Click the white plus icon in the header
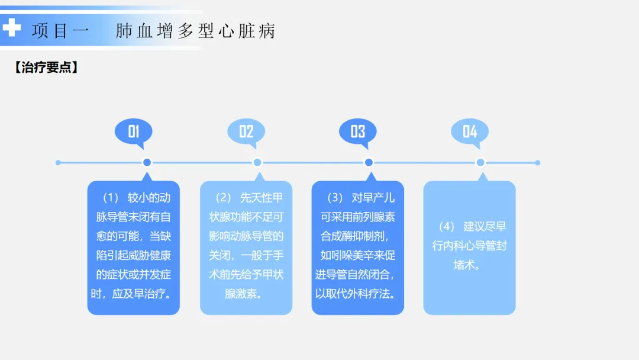[11, 27]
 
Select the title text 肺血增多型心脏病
[196, 31]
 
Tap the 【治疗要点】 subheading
[46, 67]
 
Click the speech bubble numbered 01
[134, 131]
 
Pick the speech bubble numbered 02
[246, 131]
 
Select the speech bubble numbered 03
[357, 131]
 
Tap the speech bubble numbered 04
[470, 131]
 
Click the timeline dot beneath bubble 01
[147, 162]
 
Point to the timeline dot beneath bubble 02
[257, 162]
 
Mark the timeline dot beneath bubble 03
[369, 162]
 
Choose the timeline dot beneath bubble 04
[480, 162]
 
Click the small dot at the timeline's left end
[58, 162]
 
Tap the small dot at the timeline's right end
[537, 162]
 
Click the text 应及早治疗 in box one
[141, 294]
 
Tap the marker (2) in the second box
[223, 197]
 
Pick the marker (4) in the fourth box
[447, 227]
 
